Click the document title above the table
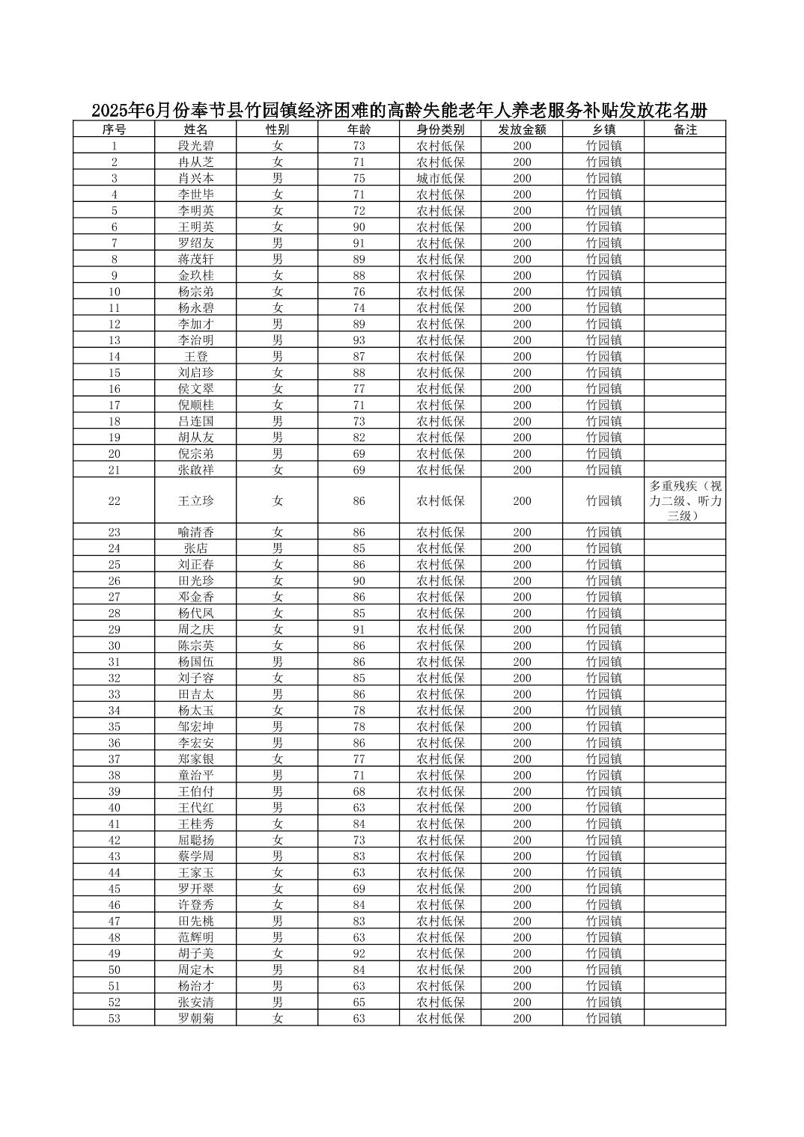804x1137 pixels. tap(399, 111)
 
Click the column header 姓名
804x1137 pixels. tap(195, 129)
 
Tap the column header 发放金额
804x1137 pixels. tap(522, 129)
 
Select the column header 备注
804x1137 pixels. tap(685, 129)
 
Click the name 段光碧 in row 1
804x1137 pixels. tap(195, 146)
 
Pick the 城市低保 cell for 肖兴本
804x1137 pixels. tap(440, 178)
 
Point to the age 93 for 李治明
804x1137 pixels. tap(359, 340)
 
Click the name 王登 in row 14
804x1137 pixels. tap(195, 357)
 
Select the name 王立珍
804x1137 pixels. tap(195, 501)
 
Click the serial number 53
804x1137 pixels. tap(114, 1018)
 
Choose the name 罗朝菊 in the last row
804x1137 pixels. tap(195, 1018)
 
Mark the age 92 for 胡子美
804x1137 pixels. tap(359, 954)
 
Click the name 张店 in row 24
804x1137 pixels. tap(195, 548)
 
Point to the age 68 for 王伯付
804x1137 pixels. tap(359, 791)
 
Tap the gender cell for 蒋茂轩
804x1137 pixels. tap(277, 260)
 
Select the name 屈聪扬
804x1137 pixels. tap(195, 840)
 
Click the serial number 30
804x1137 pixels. tap(114, 646)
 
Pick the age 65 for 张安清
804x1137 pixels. tap(359, 1002)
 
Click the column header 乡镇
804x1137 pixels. tap(603, 129)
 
